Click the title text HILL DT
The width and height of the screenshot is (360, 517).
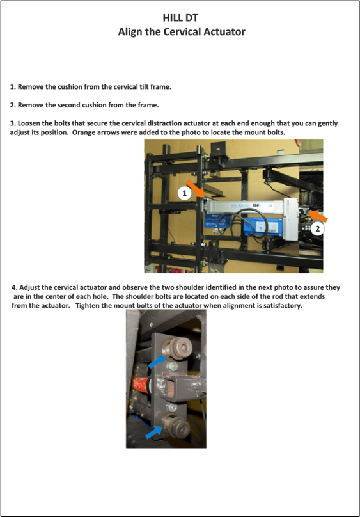tap(180, 17)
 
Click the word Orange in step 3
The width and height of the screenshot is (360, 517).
tap(84, 132)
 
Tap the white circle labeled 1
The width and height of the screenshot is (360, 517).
tap(184, 193)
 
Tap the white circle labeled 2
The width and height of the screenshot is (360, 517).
tap(317, 228)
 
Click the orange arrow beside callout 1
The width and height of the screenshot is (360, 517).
tap(195, 189)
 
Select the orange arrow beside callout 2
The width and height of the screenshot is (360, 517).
tap(318, 216)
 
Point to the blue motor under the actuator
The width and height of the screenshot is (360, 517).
tap(243, 225)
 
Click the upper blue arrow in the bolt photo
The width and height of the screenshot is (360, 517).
tap(157, 362)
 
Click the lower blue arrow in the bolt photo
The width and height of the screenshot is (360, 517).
tap(154, 433)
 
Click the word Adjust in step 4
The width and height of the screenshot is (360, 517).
tap(29, 287)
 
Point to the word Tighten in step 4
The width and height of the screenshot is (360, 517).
tap(88, 306)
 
